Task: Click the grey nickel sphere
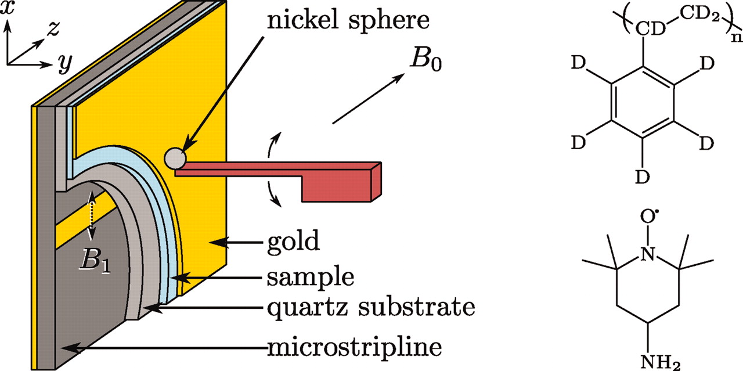coord(175,157)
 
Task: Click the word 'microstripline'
coord(354,347)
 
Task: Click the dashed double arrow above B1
coord(91,215)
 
